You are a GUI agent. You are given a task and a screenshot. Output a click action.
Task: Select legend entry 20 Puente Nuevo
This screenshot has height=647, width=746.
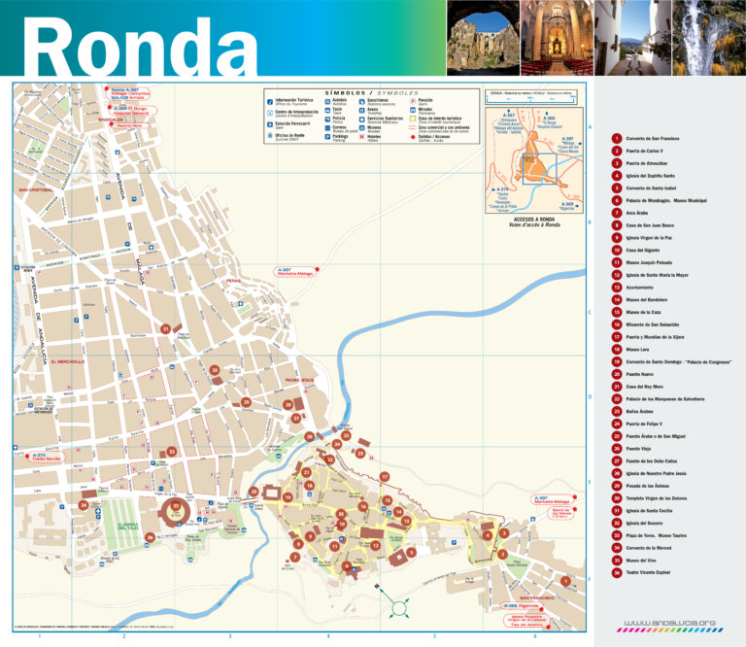coord(641,373)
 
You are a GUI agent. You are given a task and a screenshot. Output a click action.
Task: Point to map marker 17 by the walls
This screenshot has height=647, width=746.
coord(385,477)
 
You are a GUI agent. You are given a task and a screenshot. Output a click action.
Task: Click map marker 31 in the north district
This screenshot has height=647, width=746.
coord(166,329)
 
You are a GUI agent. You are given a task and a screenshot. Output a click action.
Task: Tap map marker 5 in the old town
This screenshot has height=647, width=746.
coord(412,552)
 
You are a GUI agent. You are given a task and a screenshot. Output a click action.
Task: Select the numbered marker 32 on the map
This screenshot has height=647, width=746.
coord(172,451)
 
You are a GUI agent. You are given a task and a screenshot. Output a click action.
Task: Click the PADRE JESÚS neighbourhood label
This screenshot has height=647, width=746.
coord(300,380)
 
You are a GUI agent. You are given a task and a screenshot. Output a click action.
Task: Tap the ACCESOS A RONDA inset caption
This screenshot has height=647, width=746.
coord(530,220)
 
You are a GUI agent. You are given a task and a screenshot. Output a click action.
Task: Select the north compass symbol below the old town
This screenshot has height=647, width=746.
coord(399,608)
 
